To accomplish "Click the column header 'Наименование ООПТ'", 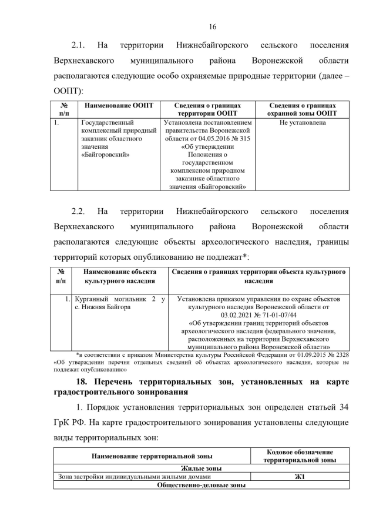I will [x=119, y=105].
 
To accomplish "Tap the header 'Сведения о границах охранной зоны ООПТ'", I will [x=302, y=109].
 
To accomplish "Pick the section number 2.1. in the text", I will [x=79, y=45].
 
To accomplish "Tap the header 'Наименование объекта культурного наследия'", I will [x=119, y=277].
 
